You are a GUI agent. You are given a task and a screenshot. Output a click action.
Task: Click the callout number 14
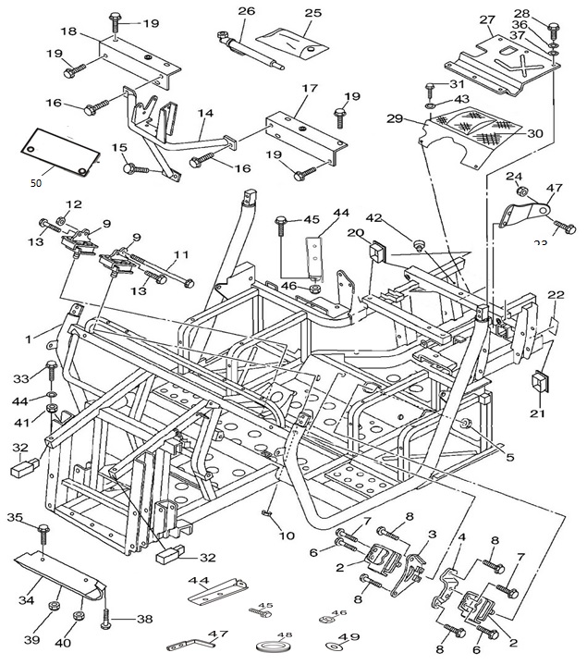click(205, 114)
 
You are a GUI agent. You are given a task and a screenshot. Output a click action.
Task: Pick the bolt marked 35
click(44, 535)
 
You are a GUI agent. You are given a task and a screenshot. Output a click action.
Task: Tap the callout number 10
click(287, 536)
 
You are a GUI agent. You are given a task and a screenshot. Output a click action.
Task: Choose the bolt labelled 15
click(136, 169)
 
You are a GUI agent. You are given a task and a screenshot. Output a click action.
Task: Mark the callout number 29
click(395, 118)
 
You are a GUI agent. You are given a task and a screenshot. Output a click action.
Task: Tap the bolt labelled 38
click(108, 612)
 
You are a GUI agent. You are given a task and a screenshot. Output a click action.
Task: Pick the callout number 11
click(181, 253)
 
